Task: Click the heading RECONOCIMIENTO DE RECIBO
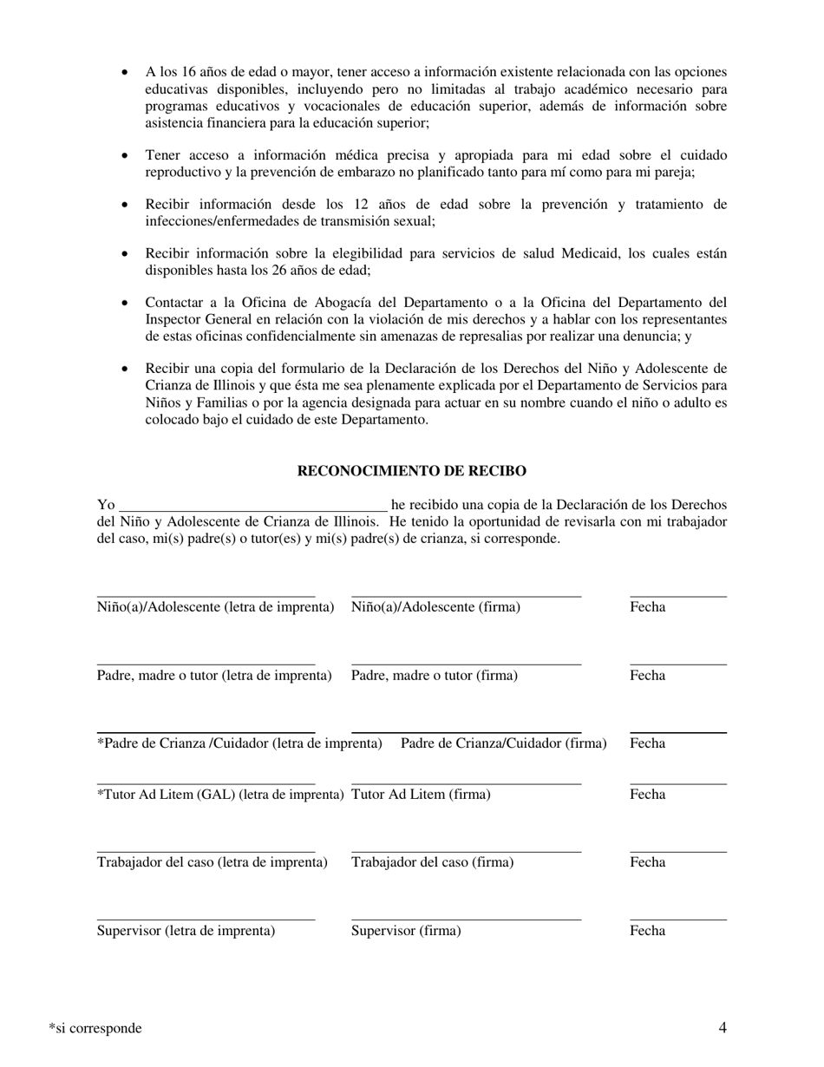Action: (x=411, y=471)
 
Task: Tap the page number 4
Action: (x=723, y=1028)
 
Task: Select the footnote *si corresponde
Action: (x=95, y=1028)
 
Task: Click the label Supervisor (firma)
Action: (x=406, y=931)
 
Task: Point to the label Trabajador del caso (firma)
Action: (x=432, y=862)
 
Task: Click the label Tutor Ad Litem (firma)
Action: (x=421, y=794)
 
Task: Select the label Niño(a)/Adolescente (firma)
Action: (x=435, y=607)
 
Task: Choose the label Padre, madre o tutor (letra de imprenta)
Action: (x=214, y=675)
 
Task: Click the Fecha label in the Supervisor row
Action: (x=647, y=931)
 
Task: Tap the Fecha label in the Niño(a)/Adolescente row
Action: (x=647, y=607)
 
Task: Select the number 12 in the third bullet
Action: (x=370, y=205)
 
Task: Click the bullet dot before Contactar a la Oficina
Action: (x=127, y=304)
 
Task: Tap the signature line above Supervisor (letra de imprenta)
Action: (x=206, y=920)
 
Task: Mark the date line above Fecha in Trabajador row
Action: (x=678, y=852)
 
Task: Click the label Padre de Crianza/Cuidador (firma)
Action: (x=503, y=743)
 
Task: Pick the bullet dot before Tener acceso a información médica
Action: (x=127, y=156)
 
